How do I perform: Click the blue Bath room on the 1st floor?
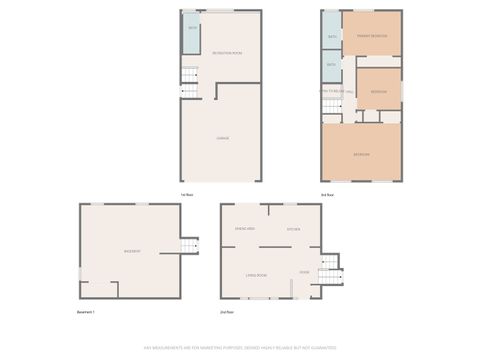tap(192, 27)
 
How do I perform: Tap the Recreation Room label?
tap(228, 53)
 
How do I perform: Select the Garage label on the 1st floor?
tap(223, 137)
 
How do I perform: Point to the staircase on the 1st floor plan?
tap(189, 81)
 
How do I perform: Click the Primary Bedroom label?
tap(372, 36)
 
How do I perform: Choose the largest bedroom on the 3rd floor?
tap(362, 153)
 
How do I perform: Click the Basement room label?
tap(131, 250)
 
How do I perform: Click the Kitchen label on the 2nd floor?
tap(295, 229)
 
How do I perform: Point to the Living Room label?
tap(256, 274)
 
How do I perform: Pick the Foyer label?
tap(304, 271)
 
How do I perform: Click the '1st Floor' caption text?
tap(187, 193)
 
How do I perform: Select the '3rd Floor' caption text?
tap(327, 193)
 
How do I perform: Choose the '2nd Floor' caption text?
tap(229, 312)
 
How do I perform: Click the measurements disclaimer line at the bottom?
tap(240, 347)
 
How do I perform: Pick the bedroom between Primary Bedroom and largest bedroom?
tap(378, 92)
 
